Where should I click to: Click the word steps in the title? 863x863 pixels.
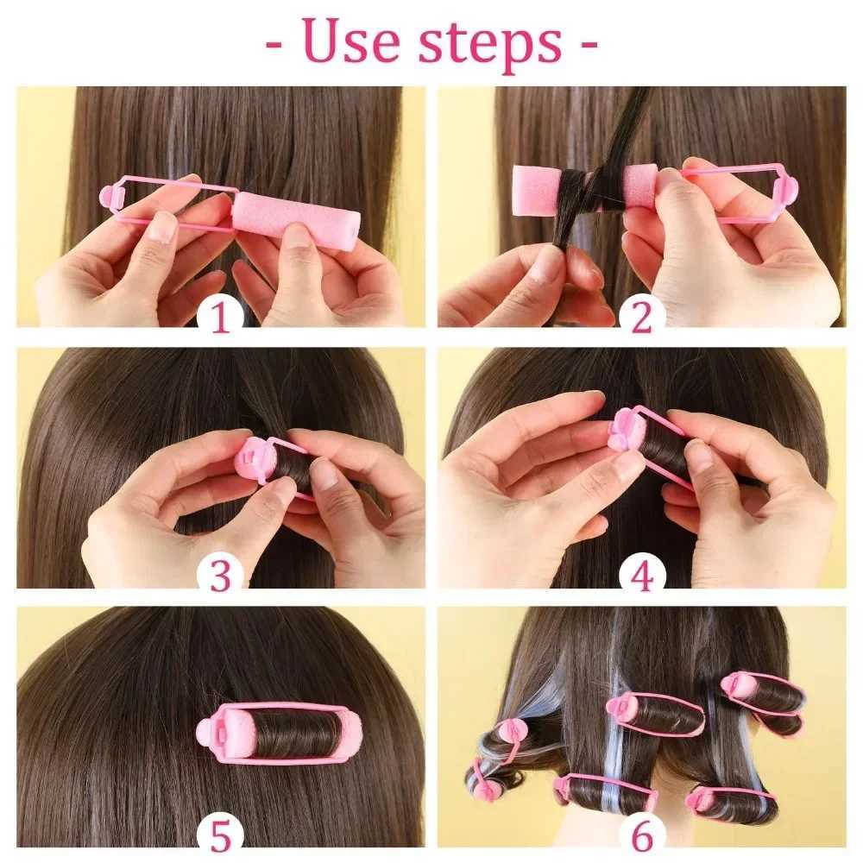pos(488,43)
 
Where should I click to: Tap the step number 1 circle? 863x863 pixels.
pos(220,318)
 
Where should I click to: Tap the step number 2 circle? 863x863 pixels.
pos(641,318)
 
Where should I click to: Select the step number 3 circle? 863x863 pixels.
pos(220,576)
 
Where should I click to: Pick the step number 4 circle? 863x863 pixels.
pos(641,576)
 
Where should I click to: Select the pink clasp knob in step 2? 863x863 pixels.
pos(789,189)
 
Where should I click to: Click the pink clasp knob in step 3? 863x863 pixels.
pos(248,457)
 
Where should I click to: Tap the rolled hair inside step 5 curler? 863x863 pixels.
pos(288,734)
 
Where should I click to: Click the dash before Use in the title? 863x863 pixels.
pos(274,42)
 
